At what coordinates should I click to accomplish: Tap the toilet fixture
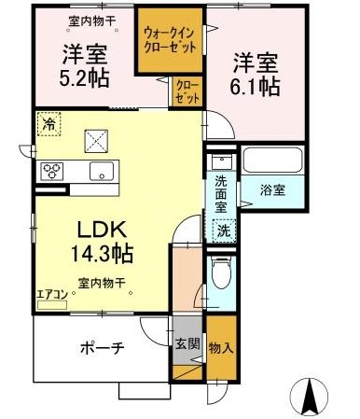tap(221, 272)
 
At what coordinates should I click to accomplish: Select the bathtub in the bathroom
tap(272, 161)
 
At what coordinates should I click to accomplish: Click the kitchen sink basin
tap(102, 171)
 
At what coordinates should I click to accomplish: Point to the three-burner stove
tap(51, 171)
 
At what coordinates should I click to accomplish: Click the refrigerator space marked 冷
tap(48, 124)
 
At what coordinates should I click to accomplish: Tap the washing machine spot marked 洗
tap(224, 230)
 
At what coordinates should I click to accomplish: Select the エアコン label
tap(52, 295)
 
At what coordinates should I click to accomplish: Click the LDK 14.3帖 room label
tap(102, 242)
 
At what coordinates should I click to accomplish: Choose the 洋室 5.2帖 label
tap(85, 66)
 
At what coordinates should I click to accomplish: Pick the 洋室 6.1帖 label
tap(256, 75)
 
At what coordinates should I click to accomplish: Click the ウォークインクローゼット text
tap(170, 40)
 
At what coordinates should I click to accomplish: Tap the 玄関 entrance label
tap(187, 344)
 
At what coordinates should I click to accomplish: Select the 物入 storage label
tap(221, 348)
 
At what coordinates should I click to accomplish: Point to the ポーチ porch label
tap(103, 348)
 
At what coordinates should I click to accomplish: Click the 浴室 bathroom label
tap(272, 190)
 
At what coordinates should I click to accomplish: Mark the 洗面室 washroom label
tap(221, 194)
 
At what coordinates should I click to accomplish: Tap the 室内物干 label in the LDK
tap(102, 283)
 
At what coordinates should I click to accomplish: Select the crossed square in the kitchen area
tap(96, 141)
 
